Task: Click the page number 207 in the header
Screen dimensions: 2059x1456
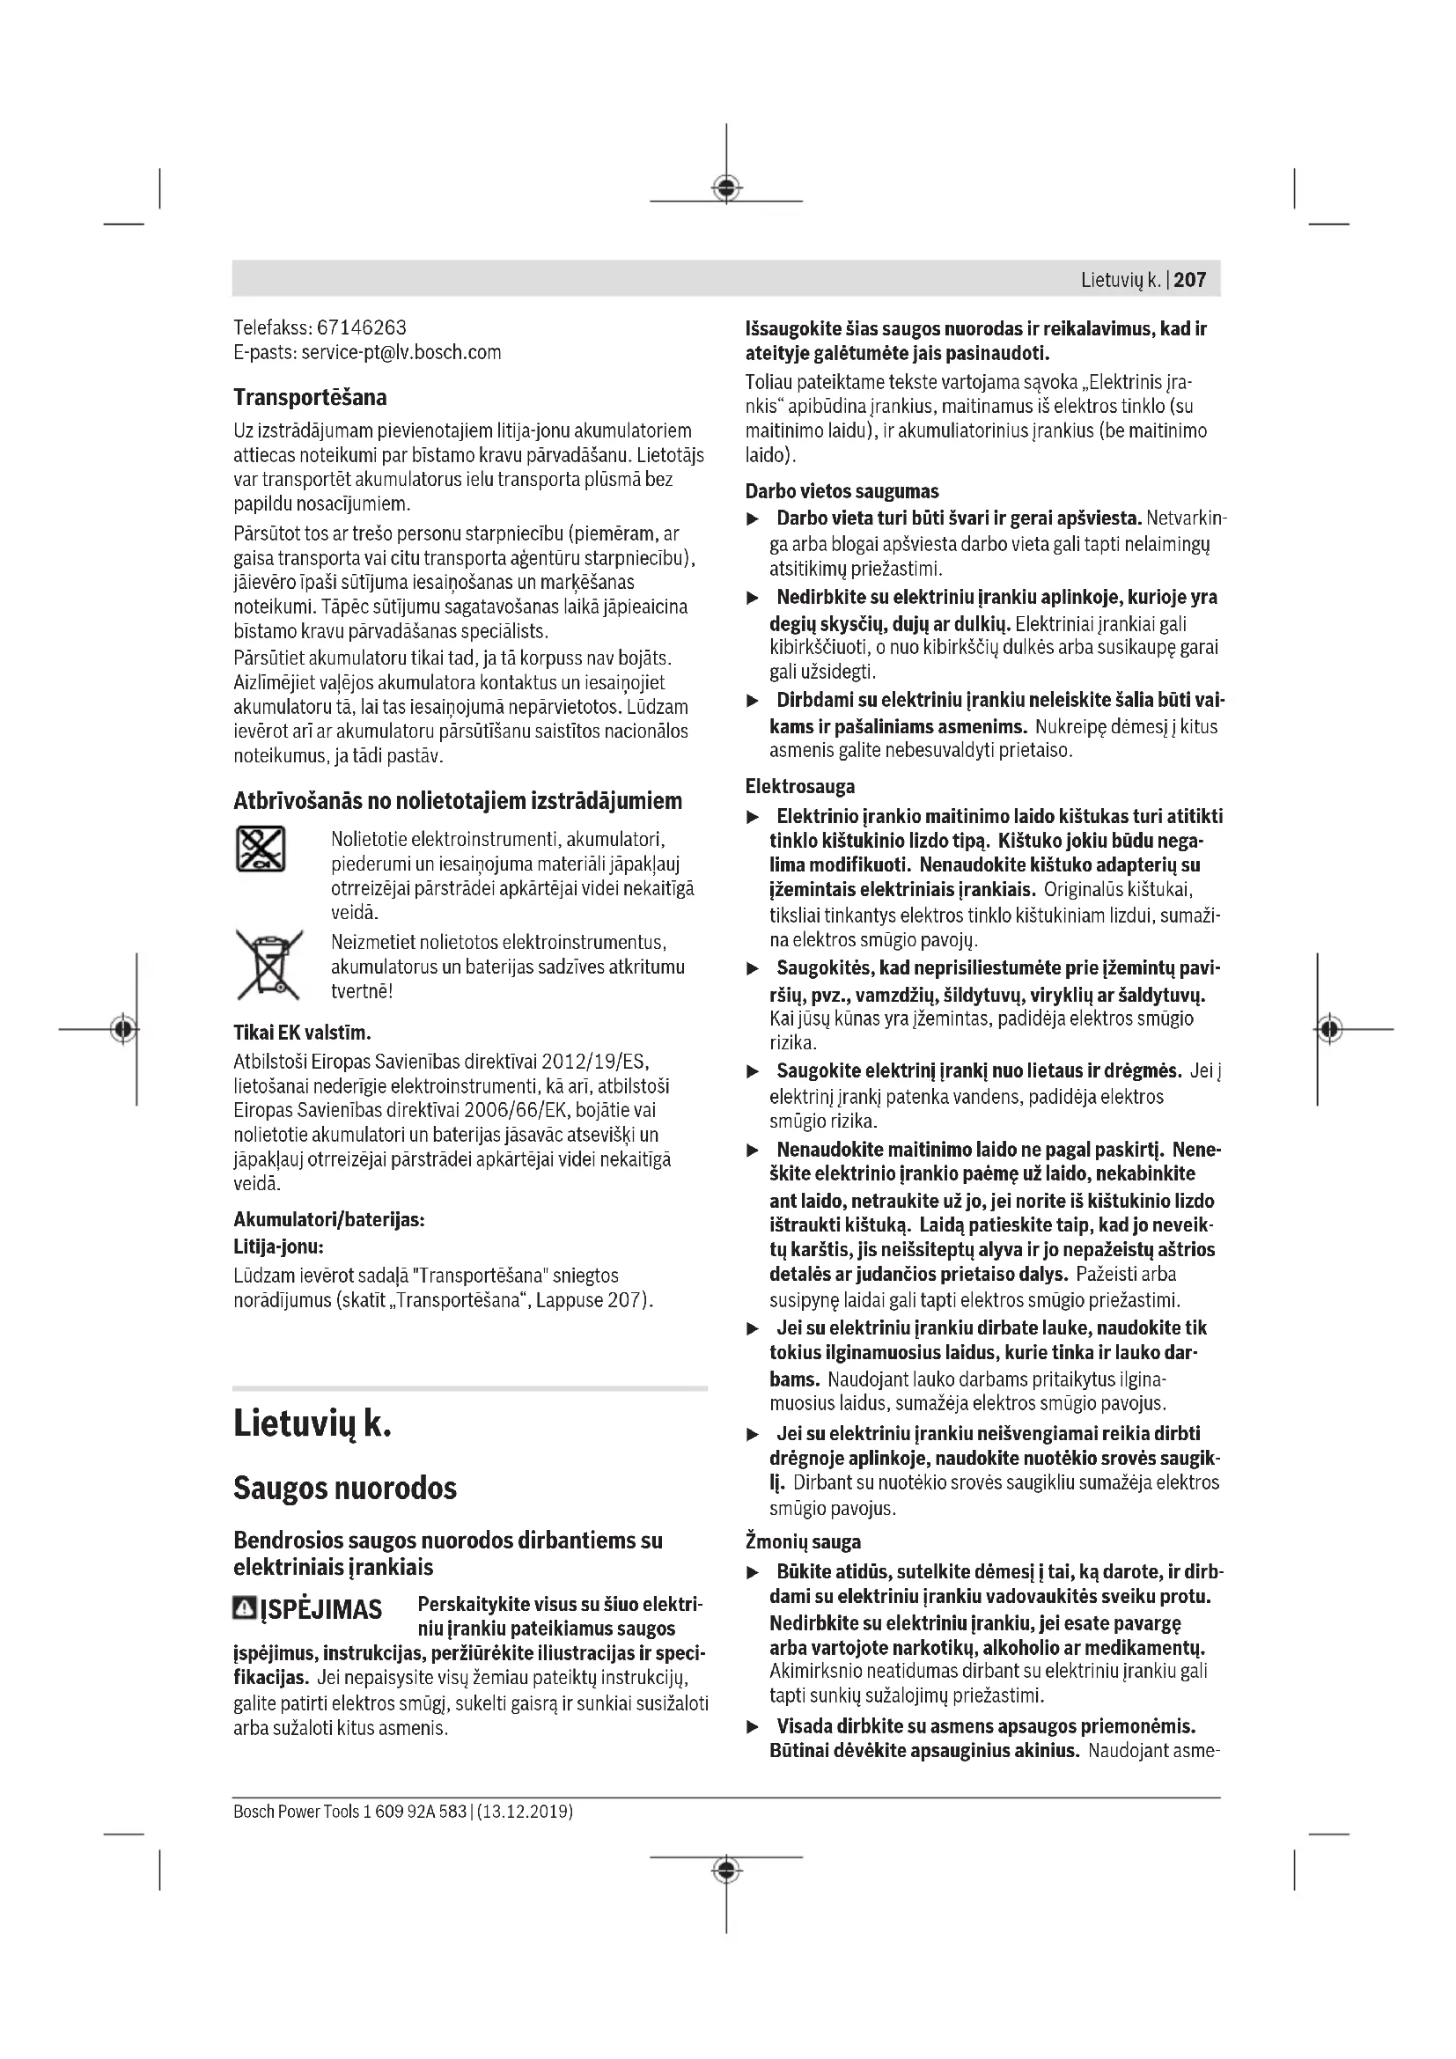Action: [1190, 280]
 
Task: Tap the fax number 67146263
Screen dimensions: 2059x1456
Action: [361, 327]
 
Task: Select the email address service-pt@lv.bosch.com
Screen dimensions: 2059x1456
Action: [401, 352]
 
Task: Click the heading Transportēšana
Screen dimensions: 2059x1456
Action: [310, 397]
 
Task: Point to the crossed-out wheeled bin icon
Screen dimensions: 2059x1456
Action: [268, 965]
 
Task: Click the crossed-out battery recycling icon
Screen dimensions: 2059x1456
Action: [261, 849]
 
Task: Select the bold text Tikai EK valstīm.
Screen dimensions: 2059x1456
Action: [302, 1033]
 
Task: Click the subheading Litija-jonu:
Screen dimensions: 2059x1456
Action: [278, 1246]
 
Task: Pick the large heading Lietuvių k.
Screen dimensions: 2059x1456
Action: [312, 1424]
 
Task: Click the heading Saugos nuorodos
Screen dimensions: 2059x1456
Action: [345, 1489]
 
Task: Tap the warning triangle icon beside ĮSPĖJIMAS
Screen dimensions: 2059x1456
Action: [244, 1608]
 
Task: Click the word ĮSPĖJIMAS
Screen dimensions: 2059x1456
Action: [321, 1610]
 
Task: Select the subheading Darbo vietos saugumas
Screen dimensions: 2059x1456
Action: [842, 491]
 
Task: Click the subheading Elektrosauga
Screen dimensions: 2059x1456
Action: [799, 786]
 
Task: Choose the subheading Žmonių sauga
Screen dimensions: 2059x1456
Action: [803, 1542]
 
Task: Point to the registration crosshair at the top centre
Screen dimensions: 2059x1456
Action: [726, 188]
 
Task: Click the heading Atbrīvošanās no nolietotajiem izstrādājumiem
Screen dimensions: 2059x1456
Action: [457, 801]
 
